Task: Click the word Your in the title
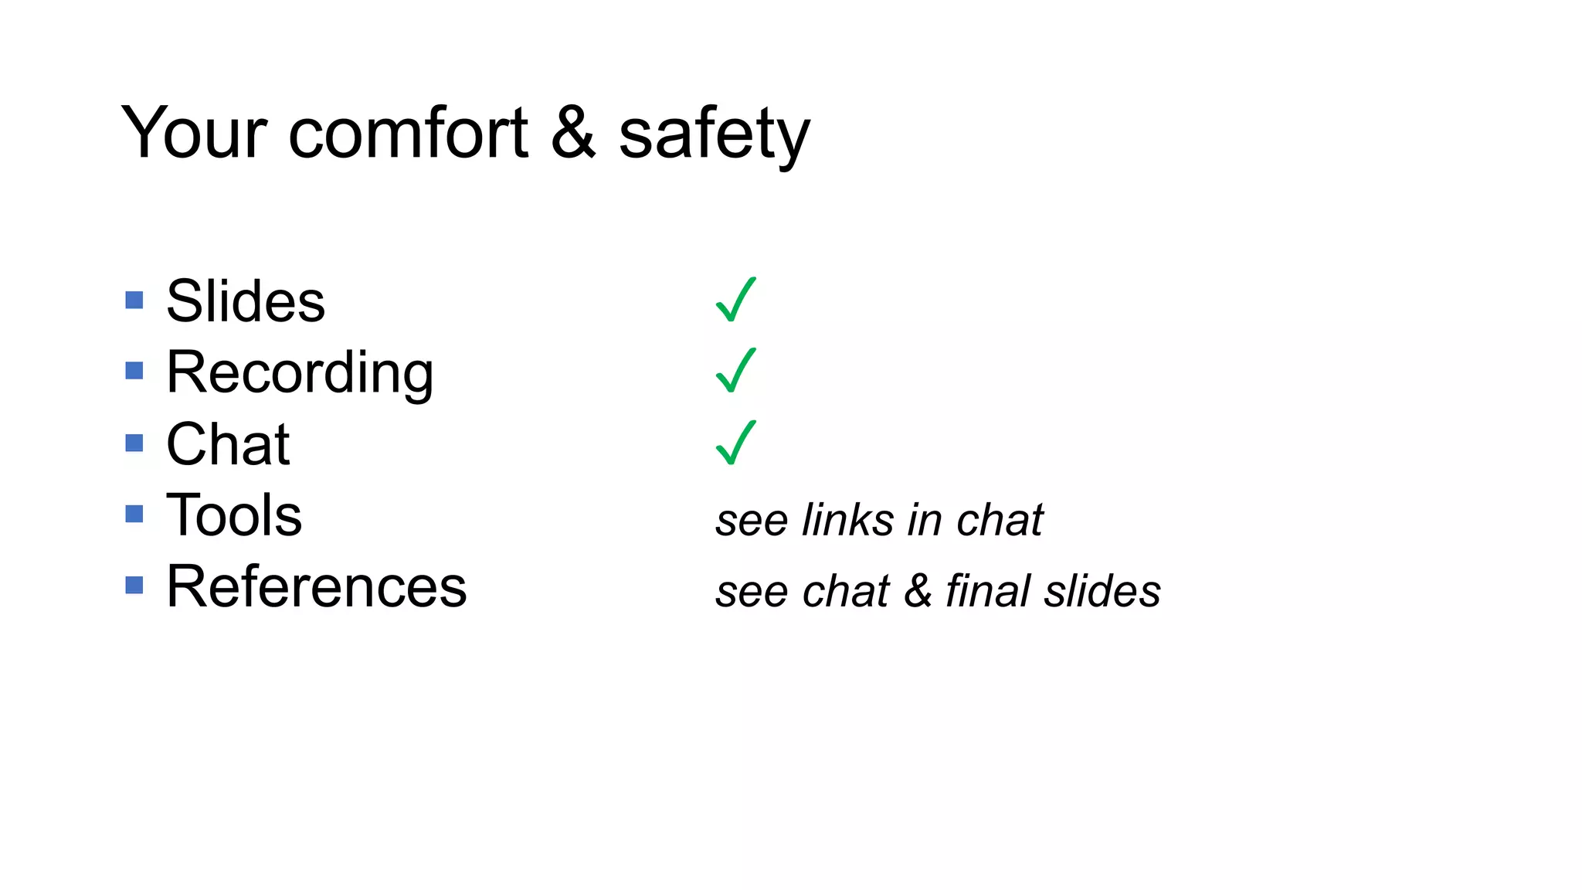click(x=194, y=133)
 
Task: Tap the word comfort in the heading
click(x=408, y=133)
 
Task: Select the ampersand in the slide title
click(x=573, y=133)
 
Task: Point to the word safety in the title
click(x=714, y=135)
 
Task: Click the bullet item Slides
click(x=246, y=301)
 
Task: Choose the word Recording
click(x=300, y=372)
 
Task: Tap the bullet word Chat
click(x=228, y=444)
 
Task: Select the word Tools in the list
click(x=234, y=515)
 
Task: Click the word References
click(x=317, y=586)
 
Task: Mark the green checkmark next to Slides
click(x=735, y=300)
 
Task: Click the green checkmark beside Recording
click(x=735, y=371)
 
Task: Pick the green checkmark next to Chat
click(x=735, y=443)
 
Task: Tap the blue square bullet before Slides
click(x=134, y=300)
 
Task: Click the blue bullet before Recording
click(x=134, y=371)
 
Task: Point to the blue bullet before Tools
click(x=134, y=514)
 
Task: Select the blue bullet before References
click(x=134, y=585)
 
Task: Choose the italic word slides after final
click(x=1102, y=591)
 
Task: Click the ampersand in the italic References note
click(x=918, y=591)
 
